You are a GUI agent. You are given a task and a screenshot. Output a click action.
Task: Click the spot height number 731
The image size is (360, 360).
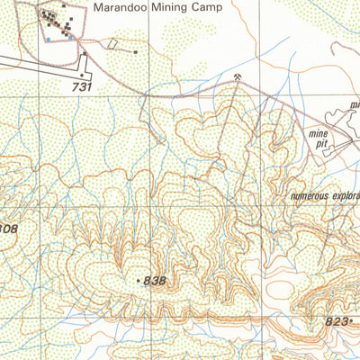coord(83,86)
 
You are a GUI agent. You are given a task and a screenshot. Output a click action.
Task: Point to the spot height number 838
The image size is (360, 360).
coord(155,281)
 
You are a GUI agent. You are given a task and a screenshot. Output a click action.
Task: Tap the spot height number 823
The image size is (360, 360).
coord(336,319)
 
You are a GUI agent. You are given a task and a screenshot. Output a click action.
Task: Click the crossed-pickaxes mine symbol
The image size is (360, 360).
coord(237,78)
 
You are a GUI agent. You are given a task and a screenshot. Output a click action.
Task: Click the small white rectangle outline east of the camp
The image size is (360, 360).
coord(112,44)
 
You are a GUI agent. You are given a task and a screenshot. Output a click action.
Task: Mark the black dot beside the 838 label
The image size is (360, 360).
coord(139,281)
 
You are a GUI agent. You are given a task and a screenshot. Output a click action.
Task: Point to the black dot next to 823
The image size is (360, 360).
coord(352,319)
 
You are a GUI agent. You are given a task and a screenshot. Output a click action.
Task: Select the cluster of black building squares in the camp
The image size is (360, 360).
coord(57,21)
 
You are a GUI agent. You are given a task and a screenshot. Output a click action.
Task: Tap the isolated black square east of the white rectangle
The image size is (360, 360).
coord(135,52)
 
